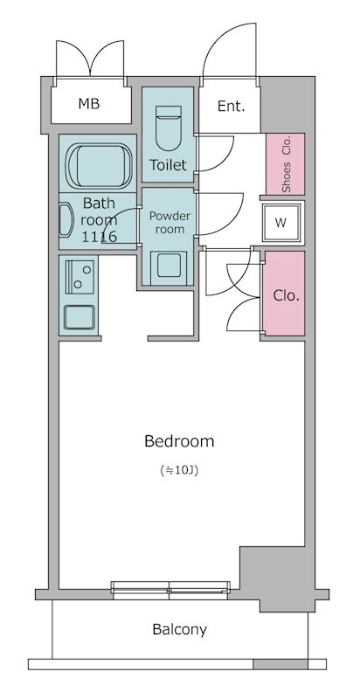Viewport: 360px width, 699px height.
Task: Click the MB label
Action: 89,105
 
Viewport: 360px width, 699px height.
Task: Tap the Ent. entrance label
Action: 231,107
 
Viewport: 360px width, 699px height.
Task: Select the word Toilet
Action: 168,164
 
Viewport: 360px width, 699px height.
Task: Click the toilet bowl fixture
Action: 167,128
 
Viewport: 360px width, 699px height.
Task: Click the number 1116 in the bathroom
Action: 99,237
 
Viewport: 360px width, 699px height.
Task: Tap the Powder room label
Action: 167,222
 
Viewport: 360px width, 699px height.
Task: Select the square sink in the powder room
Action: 167,264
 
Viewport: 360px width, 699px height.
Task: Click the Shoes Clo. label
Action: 287,164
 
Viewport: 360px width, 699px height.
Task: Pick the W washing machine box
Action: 280,222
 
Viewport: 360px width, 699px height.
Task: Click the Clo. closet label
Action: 286,295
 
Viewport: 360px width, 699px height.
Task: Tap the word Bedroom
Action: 179,441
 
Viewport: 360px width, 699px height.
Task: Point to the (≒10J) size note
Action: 179,471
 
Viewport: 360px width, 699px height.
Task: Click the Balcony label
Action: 179,629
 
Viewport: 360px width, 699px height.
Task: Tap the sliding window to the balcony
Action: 171,585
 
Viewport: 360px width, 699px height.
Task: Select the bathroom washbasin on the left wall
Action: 65,220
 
